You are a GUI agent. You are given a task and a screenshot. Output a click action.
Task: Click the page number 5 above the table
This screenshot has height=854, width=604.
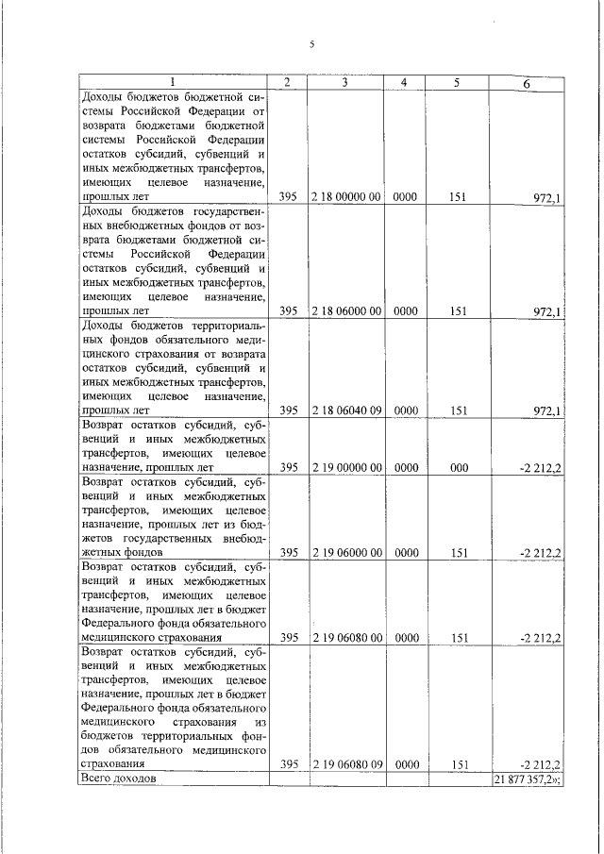click(x=312, y=44)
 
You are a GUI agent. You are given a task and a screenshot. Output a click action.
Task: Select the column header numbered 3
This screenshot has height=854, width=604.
click(x=345, y=83)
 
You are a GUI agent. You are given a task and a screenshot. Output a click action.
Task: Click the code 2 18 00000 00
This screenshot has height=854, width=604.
click(x=345, y=197)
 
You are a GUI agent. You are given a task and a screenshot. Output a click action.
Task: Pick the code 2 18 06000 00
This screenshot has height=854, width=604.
click(x=345, y=310)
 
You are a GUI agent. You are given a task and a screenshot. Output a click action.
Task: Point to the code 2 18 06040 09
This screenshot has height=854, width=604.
click(x=345, y=410)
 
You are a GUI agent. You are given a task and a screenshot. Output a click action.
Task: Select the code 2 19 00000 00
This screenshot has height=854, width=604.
click(x=345, y=467)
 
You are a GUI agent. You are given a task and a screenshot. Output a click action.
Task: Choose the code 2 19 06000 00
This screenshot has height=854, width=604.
click(x=345, y=552)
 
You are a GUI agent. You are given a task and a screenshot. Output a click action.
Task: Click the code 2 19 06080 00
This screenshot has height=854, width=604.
click(x=345, y=638)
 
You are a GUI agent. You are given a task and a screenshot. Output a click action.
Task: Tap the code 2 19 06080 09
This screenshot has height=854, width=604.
click(x=345, y=764)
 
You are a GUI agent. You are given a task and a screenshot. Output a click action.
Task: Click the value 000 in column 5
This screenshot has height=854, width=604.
click(x=459, y=467)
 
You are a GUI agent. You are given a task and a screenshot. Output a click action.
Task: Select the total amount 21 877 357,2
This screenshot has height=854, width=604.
click(x=528, y=779)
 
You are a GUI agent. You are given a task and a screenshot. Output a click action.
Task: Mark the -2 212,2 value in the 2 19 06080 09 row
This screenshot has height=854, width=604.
click(x=541, y=765)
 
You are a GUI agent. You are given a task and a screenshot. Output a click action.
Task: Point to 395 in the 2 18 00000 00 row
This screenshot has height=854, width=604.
click(x=289, y=197)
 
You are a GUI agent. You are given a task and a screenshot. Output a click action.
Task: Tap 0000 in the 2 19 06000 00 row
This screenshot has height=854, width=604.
click(x=406, y=552)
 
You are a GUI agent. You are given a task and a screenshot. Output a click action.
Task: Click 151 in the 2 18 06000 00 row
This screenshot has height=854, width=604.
click(x=459, y=310)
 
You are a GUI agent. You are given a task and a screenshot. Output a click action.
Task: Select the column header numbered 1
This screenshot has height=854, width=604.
click(x=173, y=83)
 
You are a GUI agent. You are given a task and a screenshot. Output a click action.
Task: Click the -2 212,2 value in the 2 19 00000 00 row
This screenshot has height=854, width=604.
click(x=541, y=468)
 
